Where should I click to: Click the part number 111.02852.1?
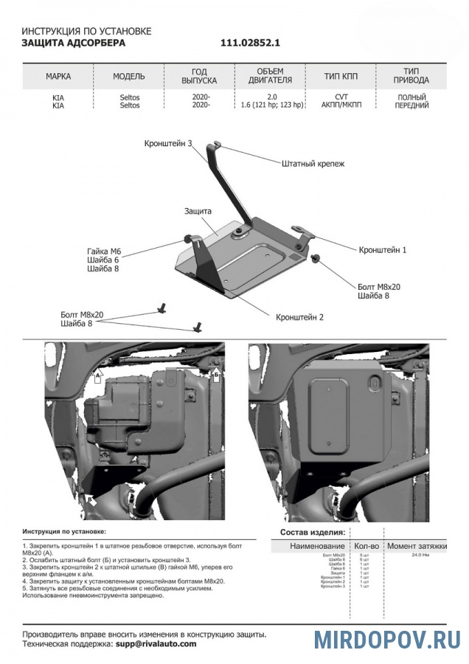pos(250,44)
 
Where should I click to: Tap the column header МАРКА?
pos(58,77)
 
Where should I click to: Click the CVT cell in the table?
pos(341,97)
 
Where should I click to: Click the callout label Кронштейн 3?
pos(168,144)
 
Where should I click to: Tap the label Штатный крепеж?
pos(313,164)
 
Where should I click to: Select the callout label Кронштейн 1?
pos(383,250)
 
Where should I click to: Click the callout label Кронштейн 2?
pos(300,317)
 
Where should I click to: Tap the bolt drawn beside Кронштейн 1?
pos(316,257)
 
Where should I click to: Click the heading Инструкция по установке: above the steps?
pos(64,530)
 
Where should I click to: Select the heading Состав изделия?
pos(312,532)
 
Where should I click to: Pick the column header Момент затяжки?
pos(417,546)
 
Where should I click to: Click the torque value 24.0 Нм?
pos(421,554)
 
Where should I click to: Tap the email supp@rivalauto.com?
pos(156,643)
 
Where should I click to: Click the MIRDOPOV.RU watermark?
pos(387,639)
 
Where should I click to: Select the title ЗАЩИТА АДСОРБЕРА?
pos(74,44)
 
